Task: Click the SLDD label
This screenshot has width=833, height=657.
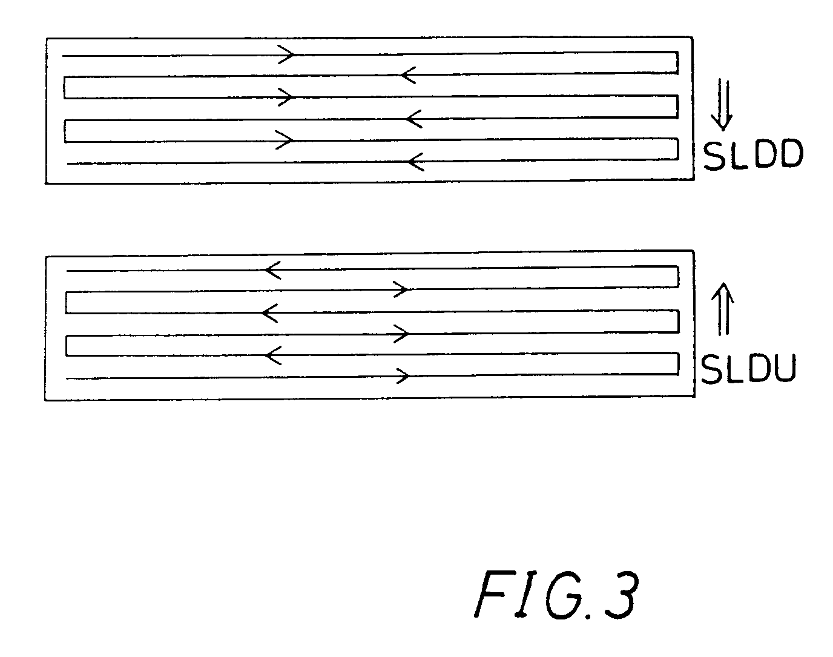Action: pos(753,156)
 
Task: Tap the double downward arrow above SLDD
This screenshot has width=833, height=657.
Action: pos(722,104)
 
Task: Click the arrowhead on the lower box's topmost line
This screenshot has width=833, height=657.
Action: pos(273,270)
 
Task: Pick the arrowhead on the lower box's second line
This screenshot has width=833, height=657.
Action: pos(401,289)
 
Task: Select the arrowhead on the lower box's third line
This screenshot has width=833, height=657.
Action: pos(270,313)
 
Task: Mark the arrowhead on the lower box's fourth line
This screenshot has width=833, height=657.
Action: pos(401,333)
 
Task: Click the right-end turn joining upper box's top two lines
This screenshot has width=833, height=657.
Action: pos(676,63)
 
